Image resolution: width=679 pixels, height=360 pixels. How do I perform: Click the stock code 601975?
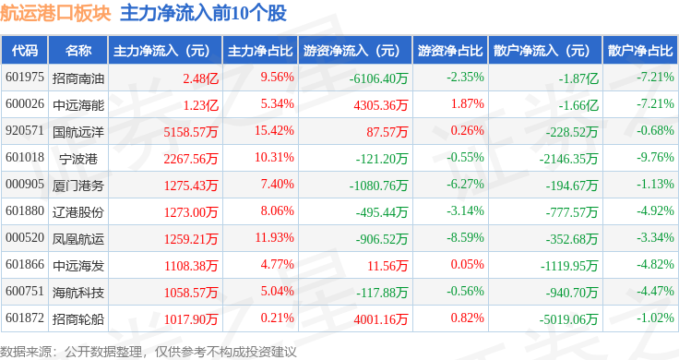[25, 78]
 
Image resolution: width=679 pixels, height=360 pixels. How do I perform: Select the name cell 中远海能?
[78, 105]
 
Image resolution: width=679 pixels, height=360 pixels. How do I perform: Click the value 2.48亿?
[200, 78]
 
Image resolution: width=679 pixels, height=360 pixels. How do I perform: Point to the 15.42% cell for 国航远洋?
[274, 131]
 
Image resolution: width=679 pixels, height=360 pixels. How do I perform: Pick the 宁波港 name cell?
[78, 159]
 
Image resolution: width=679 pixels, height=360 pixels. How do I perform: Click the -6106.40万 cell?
[378, 78]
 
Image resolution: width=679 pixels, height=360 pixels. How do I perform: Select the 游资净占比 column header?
[450, 51]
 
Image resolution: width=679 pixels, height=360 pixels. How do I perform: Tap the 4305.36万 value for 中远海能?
[381, 105]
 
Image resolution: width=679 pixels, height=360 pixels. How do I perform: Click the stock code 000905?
[25, 184]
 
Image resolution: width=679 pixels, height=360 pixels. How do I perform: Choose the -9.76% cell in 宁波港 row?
[655, 157]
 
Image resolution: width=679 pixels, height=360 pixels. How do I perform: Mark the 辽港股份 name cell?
[78, 211]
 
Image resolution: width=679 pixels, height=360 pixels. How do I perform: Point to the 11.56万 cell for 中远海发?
[387, 266]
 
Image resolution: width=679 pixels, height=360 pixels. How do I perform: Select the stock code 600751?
[25, 291]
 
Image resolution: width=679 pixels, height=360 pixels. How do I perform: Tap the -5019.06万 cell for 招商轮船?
[568, 319]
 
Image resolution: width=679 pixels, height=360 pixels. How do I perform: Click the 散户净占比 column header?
[640, 51]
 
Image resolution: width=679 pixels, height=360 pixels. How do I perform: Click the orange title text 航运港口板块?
[55, 14]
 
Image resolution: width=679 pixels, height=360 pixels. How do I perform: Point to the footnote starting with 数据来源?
[149, 352]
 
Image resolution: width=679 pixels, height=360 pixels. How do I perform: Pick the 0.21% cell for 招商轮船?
[277, 318]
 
